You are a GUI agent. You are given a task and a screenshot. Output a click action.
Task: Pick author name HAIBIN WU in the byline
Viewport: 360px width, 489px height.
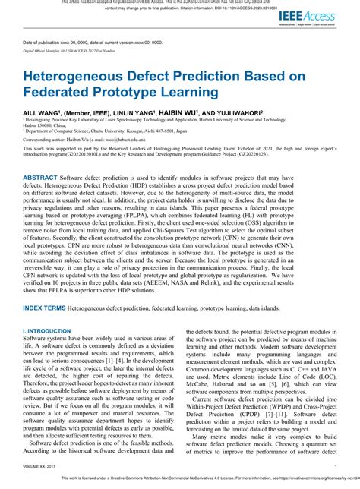pyautogui.click(x=177, y=112)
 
